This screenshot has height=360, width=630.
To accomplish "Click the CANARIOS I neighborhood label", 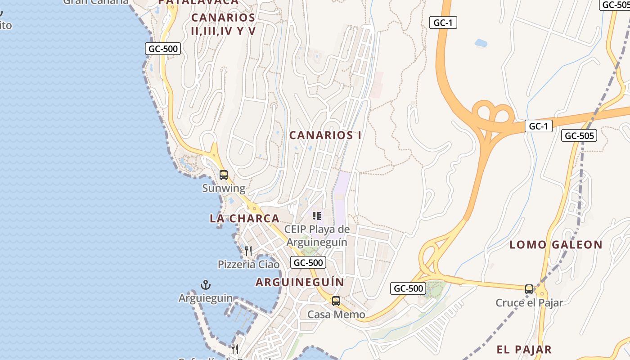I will point(325,135).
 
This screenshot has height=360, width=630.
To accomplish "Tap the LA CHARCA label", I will point(244,218).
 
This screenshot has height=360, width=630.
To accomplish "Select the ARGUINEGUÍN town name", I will point(300,282).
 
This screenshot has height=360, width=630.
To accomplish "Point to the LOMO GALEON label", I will point(556,245).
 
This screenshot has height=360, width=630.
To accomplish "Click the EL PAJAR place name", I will point(524,349).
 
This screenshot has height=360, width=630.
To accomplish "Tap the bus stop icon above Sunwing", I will point(224,175).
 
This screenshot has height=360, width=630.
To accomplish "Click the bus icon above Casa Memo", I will point(336,301).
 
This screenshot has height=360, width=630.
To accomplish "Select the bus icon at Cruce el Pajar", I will point(529,289).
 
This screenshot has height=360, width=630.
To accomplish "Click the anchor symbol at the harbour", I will point(206,285).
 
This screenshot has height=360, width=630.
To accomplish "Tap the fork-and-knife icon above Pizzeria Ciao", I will point(248,251).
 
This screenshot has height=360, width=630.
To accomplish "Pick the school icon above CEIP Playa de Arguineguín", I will point(317,216).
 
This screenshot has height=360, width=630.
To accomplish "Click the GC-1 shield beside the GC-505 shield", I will point(538,126).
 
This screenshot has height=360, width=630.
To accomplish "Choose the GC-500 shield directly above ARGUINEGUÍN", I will point(308,262).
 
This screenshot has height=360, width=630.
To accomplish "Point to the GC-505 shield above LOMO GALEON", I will point(579,135).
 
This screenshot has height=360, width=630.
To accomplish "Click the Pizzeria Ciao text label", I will point(248,264).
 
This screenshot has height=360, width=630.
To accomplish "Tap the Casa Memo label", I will point(336,314).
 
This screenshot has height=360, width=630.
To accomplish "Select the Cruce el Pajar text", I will point(529,303).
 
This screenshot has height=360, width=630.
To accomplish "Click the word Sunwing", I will point(224,188).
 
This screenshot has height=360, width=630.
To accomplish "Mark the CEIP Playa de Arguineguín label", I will point(317,235).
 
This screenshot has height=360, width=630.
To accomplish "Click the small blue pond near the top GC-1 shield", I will point(481,43).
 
